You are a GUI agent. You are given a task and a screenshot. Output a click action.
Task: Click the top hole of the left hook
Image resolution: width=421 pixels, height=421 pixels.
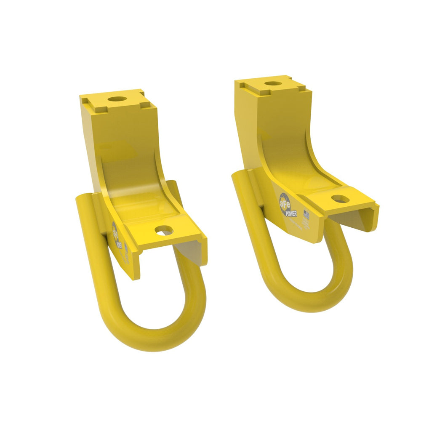click(117, 99)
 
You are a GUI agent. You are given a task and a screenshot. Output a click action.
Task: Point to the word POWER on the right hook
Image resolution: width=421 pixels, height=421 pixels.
click(291, 213)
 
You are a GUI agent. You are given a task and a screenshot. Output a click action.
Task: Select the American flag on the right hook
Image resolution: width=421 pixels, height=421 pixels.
click(306, 215)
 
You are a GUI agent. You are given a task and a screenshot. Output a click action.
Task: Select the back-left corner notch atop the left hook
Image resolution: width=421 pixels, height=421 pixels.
click(85, 100)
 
